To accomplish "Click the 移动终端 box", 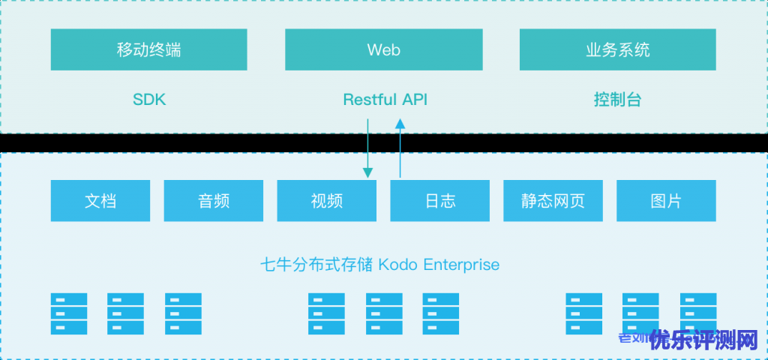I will [x=148, y=50].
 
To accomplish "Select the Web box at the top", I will [x=383, y=50].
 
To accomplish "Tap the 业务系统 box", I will [x=617, y=50].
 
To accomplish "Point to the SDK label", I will [x=148, y=99].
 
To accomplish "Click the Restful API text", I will [x=385, y=99].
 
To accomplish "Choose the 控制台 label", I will [x=617, y=99].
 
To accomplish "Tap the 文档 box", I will [x=100, y=201].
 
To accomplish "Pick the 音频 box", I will [x=214, y=201].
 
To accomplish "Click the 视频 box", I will [x=326, y=201].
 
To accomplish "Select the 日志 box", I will [x=439, y=201].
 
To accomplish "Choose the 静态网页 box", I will [x=553, y=201].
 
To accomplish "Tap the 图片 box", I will [x=666, y=201].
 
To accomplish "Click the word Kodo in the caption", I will [x=399, y=265].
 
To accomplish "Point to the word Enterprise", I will [x=461, y=265].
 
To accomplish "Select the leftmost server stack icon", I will [x=69, y=313].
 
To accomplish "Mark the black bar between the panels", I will [x=384, y=142].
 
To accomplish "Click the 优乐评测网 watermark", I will [x=704, y=341].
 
